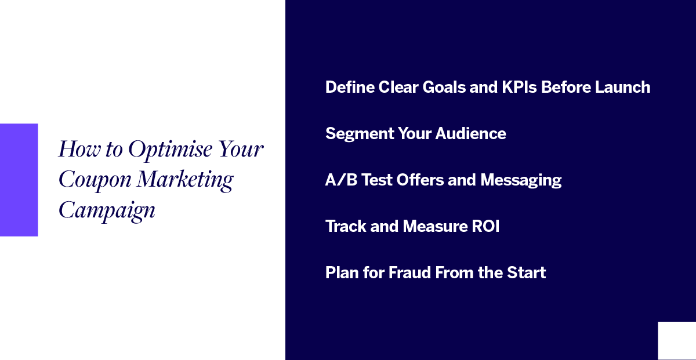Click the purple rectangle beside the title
click(19, 180)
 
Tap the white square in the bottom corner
click(677, 341)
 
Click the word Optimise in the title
click(171, 150)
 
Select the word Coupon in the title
click(95, 180)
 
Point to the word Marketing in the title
click(185, 180)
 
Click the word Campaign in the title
click(107, 211)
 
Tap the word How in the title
click(79, 149)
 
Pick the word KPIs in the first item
click(519, 88)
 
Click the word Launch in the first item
click(622, 88)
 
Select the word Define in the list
click(350, 88)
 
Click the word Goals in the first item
click(444, 88)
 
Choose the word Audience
click(470, 133)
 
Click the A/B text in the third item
click(341, 180)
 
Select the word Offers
click(420, 180)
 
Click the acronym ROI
click(485, 226)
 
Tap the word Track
click(346, 226)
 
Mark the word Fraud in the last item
click(409, 272)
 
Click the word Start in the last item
click(527, 272)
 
